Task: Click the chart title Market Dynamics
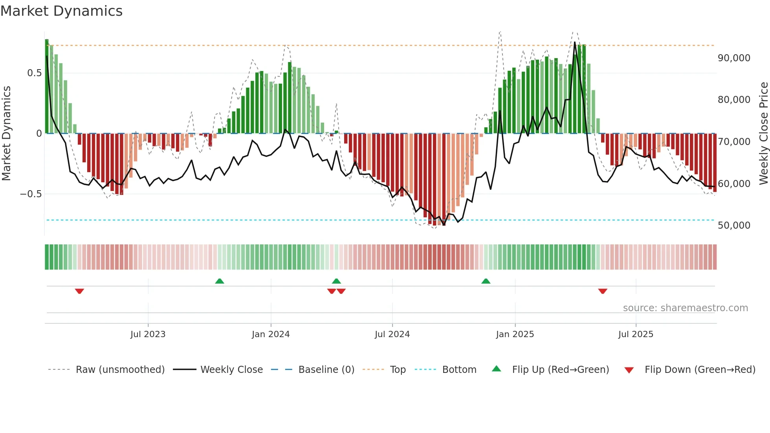pos(61,11)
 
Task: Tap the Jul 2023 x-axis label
pos(148,334)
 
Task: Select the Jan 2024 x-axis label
pos(271,334)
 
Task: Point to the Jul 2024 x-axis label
pos(392,334)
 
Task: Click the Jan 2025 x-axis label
pos(515,334)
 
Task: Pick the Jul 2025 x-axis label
pos(636,334)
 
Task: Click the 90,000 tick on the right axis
pos(734,58)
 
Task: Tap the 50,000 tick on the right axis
pos(734,226)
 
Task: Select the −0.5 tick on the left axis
pos(31,194)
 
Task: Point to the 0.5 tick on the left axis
pos(34,73)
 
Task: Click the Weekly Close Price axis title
pos(763,134)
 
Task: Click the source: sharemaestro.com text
pos(685,308)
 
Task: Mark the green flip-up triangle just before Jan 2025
pos(486,281)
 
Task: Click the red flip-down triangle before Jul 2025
pos(603,291)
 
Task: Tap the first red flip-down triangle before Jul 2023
pos(79,291)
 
